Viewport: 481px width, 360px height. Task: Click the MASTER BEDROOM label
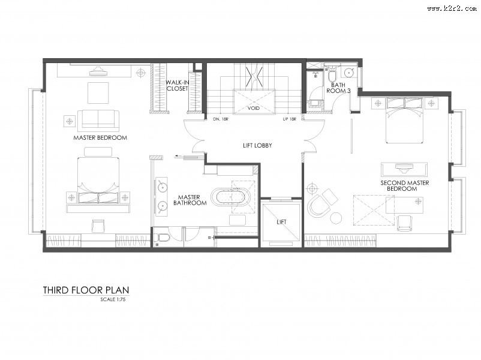pyautogui.click(x=100, y=137)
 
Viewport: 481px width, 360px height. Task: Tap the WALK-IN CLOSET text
pyautogui.click(x=177, y=85)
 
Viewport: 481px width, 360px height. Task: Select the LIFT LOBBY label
pyautogui.click(x=257, y=145)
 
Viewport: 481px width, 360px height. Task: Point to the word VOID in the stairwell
pyautogui.click(x=253, y=108)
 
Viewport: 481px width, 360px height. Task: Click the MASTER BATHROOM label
pyautogui.click(x=190, y=200)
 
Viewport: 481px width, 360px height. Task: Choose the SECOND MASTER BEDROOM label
pyautogui.click(x=405, y=185)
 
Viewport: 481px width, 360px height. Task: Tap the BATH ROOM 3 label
pyautogui.click(x=338, y=88)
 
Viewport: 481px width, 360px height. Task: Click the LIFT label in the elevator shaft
pyautogui.click(x=281, y=222)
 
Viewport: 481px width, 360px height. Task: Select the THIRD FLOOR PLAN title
pyautogui.click(x=86, y=290)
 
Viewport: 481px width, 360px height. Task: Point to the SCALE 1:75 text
pyautogui.click(x=113, y=299)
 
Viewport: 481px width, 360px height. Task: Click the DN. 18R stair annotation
pyautogui.click(x=221, y=119)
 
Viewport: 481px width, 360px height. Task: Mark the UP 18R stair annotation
pyautogui.click(x=289, y=119)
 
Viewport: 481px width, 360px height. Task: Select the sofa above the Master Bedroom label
pyautogui.click(x=98, y=119)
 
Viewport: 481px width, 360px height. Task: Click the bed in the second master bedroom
pyautogui.click(x=405, y=121)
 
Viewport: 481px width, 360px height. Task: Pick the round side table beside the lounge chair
pyautogui.click(x=336, y=218)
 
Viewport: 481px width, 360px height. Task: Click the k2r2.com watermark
pyautogui.click(x=452, y=8)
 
